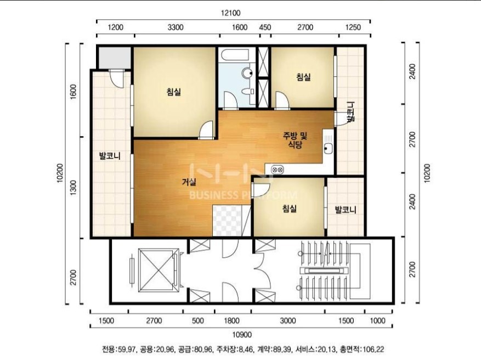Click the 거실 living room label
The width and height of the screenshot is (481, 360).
[189, 182]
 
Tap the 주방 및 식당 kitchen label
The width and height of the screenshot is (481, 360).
[295, 140]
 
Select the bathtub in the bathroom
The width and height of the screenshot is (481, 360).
[235, 55]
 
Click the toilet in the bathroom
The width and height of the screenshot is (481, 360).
[247, 91]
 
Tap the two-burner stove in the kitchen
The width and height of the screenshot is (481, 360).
[278, 169]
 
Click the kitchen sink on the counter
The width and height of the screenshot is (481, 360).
[328, 149]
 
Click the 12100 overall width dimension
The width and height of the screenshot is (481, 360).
[231, 13]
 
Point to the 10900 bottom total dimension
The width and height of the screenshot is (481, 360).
[242, 335]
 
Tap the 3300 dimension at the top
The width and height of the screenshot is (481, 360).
[176, 27]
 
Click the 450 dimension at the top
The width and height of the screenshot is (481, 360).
[265, 27]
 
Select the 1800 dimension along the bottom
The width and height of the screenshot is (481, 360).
[231, 320]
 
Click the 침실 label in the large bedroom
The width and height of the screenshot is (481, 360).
[174, 92]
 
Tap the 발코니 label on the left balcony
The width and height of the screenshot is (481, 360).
[110, 156]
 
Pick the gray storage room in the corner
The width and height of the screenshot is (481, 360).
[114, 58]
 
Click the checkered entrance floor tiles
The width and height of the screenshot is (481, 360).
[227, 221]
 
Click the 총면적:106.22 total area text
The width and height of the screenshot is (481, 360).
[360, 349]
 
